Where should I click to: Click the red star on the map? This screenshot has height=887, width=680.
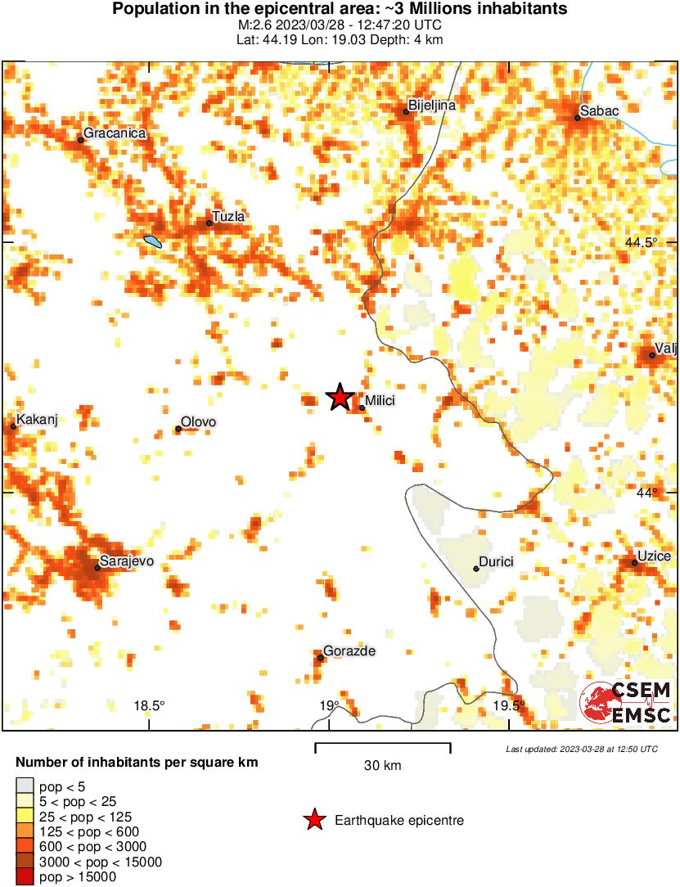(340, 397)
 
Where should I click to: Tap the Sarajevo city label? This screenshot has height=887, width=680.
(126, 561)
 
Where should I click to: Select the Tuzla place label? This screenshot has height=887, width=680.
(228, 217)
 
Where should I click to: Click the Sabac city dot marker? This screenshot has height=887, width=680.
(577, 118)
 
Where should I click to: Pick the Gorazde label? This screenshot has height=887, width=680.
(349, 651)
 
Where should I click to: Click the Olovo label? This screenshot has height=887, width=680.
(198, 422)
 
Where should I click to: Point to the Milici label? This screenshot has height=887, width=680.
(381, 401)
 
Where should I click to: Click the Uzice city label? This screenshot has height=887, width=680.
(655, 556)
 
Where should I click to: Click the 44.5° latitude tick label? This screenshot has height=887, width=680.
(641, 243)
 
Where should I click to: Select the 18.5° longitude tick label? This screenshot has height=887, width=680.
(150, 706)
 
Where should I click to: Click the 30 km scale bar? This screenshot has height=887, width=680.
(382, 745)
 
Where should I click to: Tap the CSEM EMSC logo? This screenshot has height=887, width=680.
(626, 703)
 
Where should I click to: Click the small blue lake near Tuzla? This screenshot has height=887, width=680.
(152, 241)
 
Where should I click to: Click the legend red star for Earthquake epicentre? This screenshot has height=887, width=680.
(313, 820)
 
